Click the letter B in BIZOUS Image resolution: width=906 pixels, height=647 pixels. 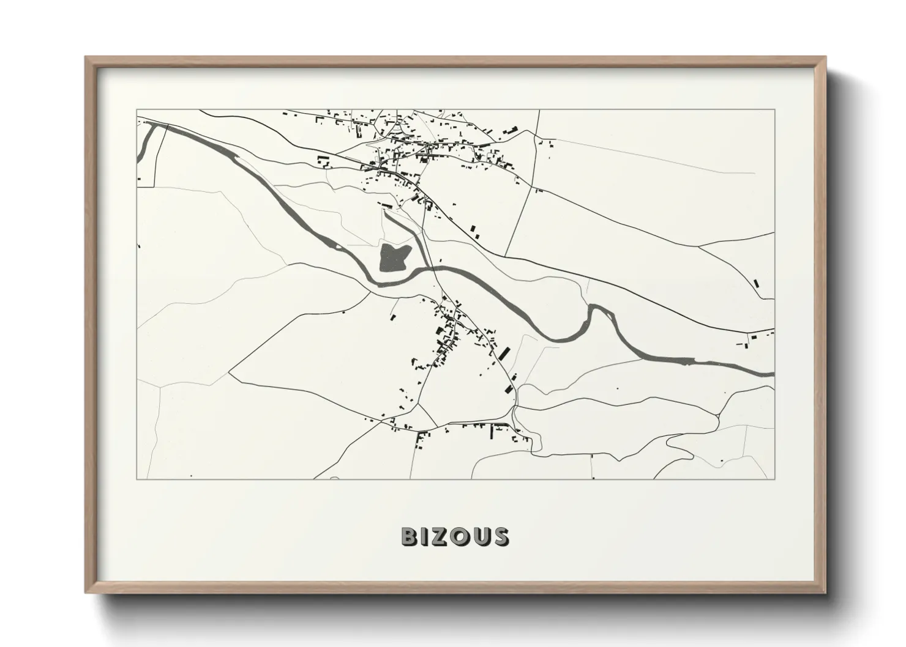(410, 536)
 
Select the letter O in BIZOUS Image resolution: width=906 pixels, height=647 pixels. (461, 536)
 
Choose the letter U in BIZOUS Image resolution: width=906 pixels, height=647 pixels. (481, 536)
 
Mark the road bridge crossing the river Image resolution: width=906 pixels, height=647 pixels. (438, 268)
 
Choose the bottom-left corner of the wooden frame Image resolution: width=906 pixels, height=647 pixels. (86, 593)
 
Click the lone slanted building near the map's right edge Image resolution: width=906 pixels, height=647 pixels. (756, 283)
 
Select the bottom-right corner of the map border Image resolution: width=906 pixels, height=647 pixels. (774, 479)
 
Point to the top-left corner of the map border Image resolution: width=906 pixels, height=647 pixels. (137, 110)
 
